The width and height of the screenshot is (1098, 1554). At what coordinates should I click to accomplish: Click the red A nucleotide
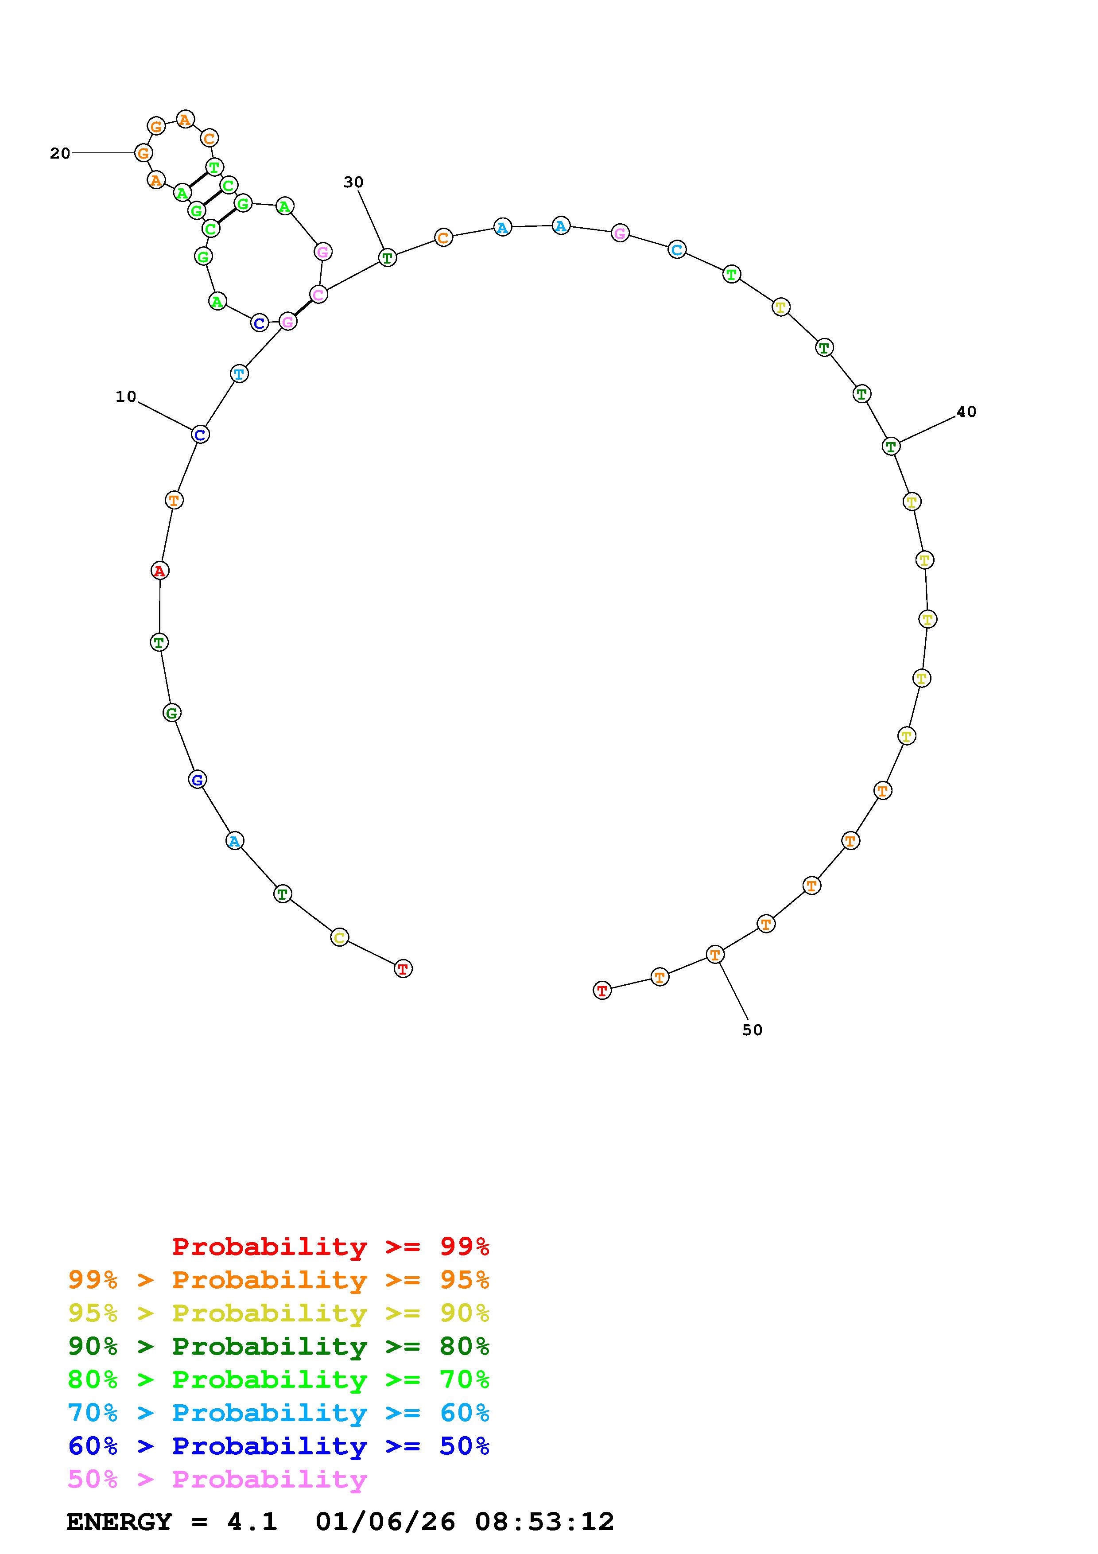tap(159, 571)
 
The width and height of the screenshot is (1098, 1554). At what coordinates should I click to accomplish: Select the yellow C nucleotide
tap(340, 937)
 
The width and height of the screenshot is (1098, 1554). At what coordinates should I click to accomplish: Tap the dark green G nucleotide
tap(172, 713)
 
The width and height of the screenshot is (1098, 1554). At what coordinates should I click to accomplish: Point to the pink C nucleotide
tap(318, 295)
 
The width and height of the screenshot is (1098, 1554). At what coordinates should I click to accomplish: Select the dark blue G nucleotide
tap(197, 780)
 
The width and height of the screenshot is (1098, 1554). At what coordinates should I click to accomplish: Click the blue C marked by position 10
tap(200, 435)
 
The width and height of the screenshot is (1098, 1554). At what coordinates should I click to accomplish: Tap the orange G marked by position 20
tap(143, 153)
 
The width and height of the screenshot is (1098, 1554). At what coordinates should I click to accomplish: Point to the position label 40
tap(966, 412)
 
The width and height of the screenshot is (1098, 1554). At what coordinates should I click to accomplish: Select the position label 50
tap(752, 1030)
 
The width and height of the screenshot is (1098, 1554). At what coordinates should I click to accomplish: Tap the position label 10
tap(126, 396)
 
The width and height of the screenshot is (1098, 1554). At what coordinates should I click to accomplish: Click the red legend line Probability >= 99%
tap(331, 1246)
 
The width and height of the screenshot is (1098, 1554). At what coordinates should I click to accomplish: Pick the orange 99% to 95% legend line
tap(279, 1279)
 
